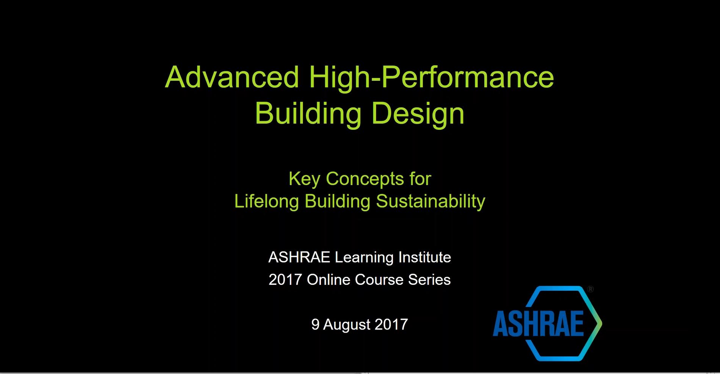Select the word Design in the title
pos(418,114)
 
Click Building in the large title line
pos(308,114)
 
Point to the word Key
pos(304,179)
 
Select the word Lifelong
pos(266,201)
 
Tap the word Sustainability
pos(430,201)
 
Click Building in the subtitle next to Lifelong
pos(337,201)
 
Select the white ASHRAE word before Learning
pos(299,258)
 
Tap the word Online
pos(329,280)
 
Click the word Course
pos(379,280)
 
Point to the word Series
pos(429,280)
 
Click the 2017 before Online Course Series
pos(285,280)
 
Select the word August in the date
pos(347,325)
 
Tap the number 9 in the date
pos(315,325)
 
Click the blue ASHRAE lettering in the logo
pos(538,324)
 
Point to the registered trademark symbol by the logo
pos(590,289)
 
